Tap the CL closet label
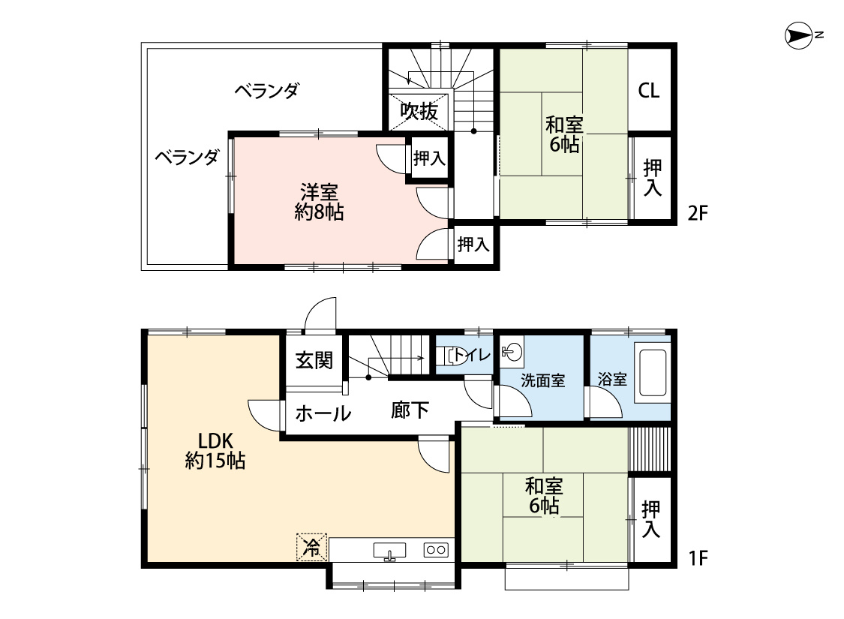point(649,90)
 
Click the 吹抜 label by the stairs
point(419,111)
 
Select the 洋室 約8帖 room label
point(319,202)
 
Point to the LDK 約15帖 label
point(215,451)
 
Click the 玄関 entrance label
point(314,359)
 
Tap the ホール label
point(323,413)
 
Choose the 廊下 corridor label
point(410,410)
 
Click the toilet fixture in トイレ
point(451,356)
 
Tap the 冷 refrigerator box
point(311,548)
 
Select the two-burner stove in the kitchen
point(435,549)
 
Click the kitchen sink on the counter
point(389,551)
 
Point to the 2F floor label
point(698,214)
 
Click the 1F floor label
point(698,559)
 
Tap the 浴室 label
point(612,379)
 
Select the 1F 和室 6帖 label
point(544,496)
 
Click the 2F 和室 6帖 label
point(564,134)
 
